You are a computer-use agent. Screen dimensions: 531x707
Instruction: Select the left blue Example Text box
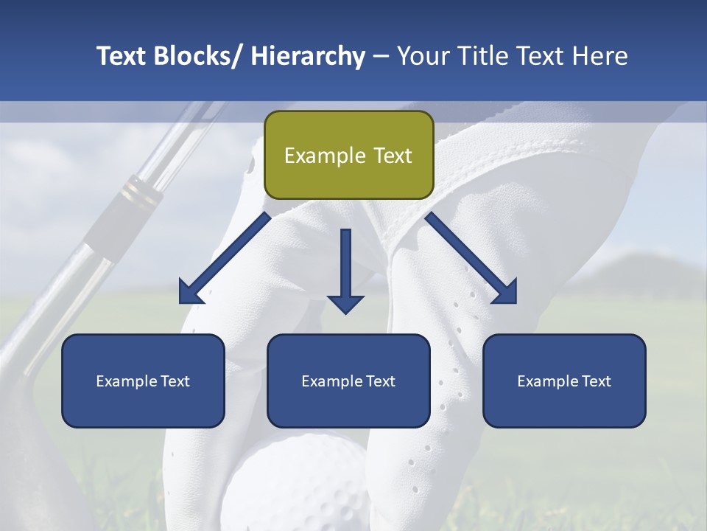[x=143, y=381]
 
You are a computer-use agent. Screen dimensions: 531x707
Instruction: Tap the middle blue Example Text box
[x=348, y=381]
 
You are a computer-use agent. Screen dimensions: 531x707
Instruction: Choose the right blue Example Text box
[x=564, y=381]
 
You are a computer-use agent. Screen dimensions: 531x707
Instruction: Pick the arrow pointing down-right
[x=471, y=258]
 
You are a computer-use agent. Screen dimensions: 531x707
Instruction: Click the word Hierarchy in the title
[x=307, y=56]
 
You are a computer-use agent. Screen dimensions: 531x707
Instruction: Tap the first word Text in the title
[x=121, y=56]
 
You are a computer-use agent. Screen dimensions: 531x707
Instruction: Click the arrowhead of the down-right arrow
[x=504, y=292]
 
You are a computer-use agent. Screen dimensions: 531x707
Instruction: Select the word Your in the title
[x=423, y=56]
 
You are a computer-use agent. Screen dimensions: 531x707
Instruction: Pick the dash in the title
[x=380, y=56]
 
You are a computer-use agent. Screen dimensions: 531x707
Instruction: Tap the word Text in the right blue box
[x=596, y=381]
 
